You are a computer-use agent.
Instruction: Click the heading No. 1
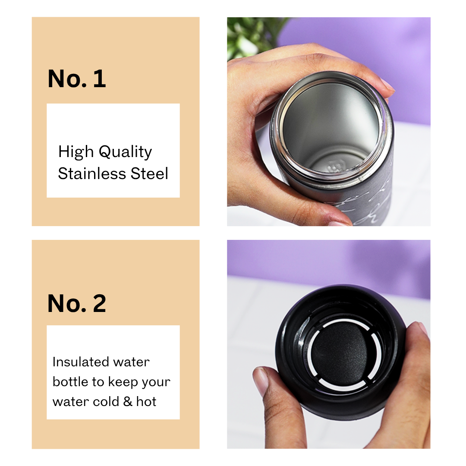click(77, 79)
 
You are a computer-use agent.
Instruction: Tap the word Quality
click(125, 152)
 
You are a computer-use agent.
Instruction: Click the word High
click(76, 152)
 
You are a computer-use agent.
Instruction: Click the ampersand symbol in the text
click(127, 402)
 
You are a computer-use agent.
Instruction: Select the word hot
click(146, 402)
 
